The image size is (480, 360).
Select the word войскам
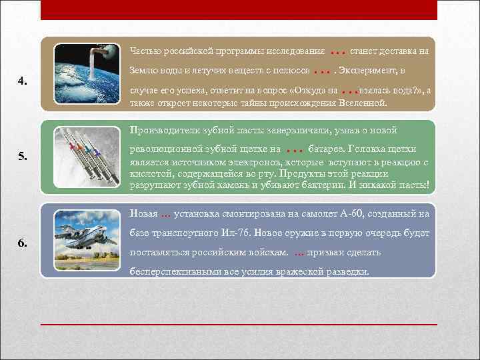point(267,253)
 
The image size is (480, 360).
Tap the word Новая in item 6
point(143,214)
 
